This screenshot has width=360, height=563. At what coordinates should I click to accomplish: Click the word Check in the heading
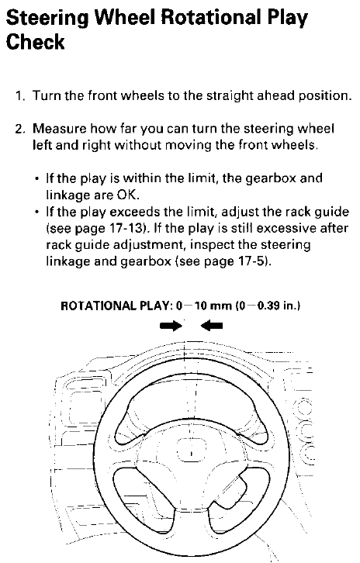[35, 42]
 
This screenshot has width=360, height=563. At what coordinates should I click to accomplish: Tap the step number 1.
[19, 96]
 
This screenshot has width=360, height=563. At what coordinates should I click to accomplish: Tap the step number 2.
[19, 129]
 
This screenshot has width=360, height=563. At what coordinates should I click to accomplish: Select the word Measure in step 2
[59, 129]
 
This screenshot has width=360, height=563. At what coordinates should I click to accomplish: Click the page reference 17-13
[123, 228]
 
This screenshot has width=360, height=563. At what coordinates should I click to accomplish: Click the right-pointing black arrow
[171, 326]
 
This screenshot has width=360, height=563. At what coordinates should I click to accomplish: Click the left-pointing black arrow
[212, 326]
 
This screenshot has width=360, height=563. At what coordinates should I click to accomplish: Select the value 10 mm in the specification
[213, 306]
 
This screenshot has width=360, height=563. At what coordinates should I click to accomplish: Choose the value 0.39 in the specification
[269, 306]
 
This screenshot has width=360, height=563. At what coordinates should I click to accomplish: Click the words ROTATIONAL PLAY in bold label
[115, 306]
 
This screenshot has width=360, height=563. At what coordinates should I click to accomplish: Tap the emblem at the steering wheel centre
[192, 450]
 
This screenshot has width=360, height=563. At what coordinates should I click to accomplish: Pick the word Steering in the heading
[47, 18]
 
